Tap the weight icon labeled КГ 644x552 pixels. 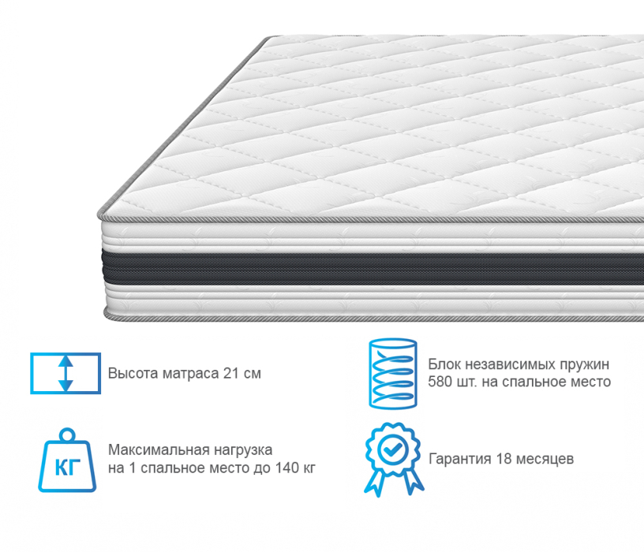[x=66, y=461]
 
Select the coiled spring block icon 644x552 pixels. [x=392, y=373]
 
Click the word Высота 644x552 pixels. [x=131, y=373]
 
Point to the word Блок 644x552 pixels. [x=444, y=364]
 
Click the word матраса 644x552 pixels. [x=188, y=373]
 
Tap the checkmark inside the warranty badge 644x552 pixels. [x=391, y=447]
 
